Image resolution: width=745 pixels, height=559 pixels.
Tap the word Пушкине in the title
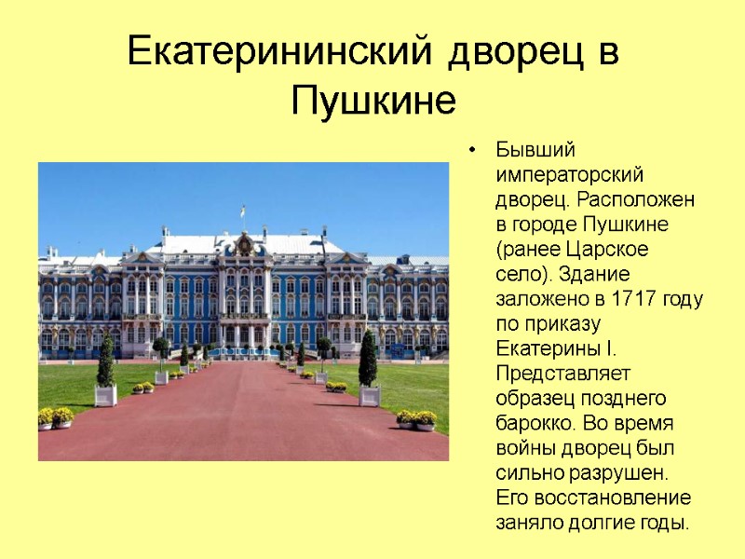[373, 99]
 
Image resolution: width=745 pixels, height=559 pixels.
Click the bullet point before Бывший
[474, 150]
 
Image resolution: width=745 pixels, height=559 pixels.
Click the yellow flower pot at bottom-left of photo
[55, 418]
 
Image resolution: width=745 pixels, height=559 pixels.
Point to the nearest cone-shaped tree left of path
[106, 361]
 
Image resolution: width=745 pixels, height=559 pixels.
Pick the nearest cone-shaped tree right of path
[369, 359]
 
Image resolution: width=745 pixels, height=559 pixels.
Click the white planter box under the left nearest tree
[106, 396]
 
